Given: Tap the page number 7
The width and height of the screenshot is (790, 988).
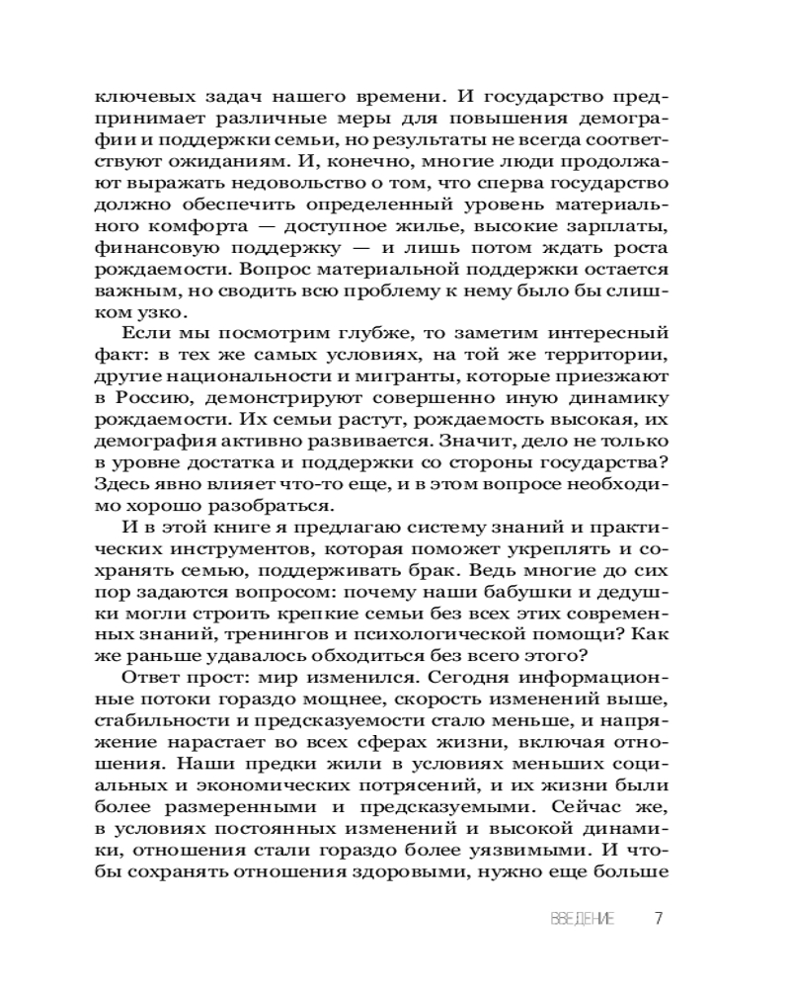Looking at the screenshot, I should click(x=659, y=919).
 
